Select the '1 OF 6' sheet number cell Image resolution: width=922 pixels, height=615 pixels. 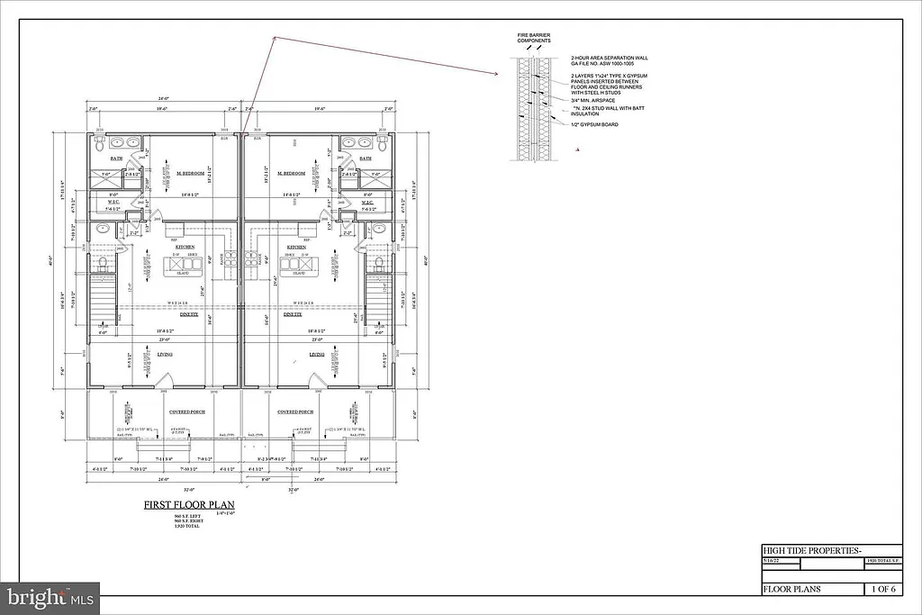pos(882,590)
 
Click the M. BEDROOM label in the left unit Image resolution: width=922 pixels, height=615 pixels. pos(190,173)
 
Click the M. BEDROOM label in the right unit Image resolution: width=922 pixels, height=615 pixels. pos(293,173)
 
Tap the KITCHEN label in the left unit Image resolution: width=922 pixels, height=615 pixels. pos(185,246)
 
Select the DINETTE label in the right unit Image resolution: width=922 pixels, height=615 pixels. pos(293,315)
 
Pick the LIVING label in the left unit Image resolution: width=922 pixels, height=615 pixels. pos(165,355)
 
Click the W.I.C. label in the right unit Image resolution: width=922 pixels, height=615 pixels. pos(367,203)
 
